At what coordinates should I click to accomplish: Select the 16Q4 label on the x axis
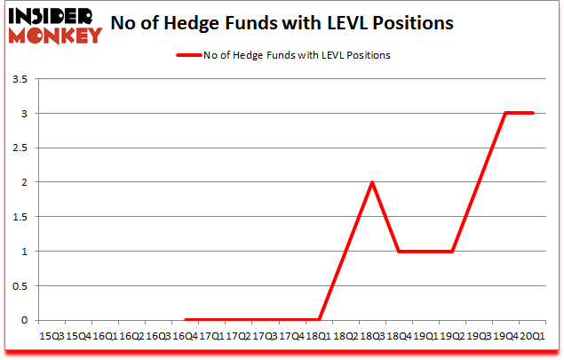(186, 335)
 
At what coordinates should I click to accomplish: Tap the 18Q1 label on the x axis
(319, 335)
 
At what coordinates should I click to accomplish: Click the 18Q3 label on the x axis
(372, 335)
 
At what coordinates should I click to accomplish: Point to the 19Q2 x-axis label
(452, 335)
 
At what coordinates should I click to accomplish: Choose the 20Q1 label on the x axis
(532, 335)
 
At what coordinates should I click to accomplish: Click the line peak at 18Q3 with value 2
(372, 182)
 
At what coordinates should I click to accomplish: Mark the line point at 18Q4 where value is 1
(399, 251)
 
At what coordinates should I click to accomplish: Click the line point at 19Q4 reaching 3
(505, 114)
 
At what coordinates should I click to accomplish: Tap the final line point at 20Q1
(532, 114)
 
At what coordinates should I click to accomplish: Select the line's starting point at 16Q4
(186, 319)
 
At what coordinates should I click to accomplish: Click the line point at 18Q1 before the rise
(319, 319)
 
